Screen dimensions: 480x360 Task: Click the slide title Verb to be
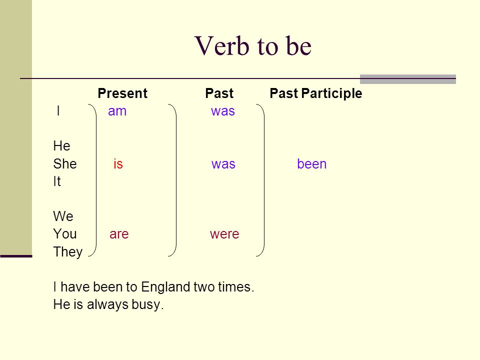(x=253, y=46)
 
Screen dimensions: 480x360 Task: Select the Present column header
(x=122, y=93)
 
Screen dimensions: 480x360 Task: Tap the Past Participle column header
(x=316, y=93)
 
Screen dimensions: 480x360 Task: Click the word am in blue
(x=117, y=111)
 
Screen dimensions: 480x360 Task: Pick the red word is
(x=118, y=164)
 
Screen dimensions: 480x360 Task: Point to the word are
(x=119, y=234)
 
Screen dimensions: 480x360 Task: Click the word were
(x=224, y=234)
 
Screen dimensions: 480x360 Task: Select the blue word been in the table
(x=312, y=164)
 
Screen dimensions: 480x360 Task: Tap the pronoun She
(x=65, y=164)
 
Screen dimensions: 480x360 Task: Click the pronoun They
(x=68, y=252)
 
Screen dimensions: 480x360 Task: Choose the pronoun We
(x=63, y=216)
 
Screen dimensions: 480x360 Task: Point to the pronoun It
(x=57, y=181)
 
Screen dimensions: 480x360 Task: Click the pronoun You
(x=65, y=234)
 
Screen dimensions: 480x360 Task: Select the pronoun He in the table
(x=62, y=146)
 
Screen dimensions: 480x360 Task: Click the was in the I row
(x=223, y=111)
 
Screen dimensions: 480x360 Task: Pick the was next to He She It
(x=223, y=164)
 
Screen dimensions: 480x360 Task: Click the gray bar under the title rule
(x=408, y=79)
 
